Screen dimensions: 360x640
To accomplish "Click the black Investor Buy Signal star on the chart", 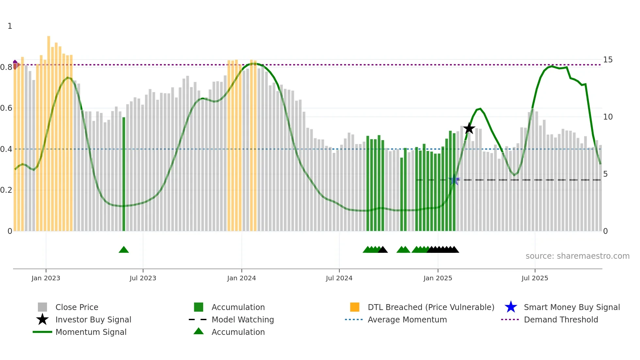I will pyautogui.click(x=469, y=128).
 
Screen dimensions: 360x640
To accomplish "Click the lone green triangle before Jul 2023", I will pyautogui.click(x=124, y=250).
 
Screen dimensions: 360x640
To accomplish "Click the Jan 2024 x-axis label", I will pyautogui.click(x=241, y=278).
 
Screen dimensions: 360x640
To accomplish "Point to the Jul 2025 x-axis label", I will pyautogui.click(x=535, y=278).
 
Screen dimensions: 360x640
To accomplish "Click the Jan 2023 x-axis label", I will pyautogui.click(x=46, y=278).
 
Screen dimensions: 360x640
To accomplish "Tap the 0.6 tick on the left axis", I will pyautogui.click(x=7, y=108).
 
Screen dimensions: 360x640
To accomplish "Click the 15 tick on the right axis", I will pyautogui.click(x=608, y=60).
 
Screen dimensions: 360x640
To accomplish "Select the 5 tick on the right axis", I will pyautogui.click(x=605, y=174).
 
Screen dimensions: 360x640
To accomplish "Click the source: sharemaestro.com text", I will pyautogui.click(x=577, y=256).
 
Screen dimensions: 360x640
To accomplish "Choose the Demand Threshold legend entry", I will pyautogui.click(x=561, y=319).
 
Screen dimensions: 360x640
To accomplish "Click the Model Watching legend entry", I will pyautogui.click(x=242, y=319).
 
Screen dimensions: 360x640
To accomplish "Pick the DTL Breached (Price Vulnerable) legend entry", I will pyautogui.click(x=431, y=307).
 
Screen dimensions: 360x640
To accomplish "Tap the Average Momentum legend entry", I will pyautogui.click(x=407, y=319).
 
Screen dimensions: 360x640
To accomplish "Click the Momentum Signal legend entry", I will pyautogui.click(x=91, y=332).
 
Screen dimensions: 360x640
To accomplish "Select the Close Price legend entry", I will pyautogui.click(x=76, y=307).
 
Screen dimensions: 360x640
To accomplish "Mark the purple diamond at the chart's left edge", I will pyautogui.click(x=15, y=64).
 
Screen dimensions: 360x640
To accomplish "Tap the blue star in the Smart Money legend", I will pyautogui.click(x=511, y=307).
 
